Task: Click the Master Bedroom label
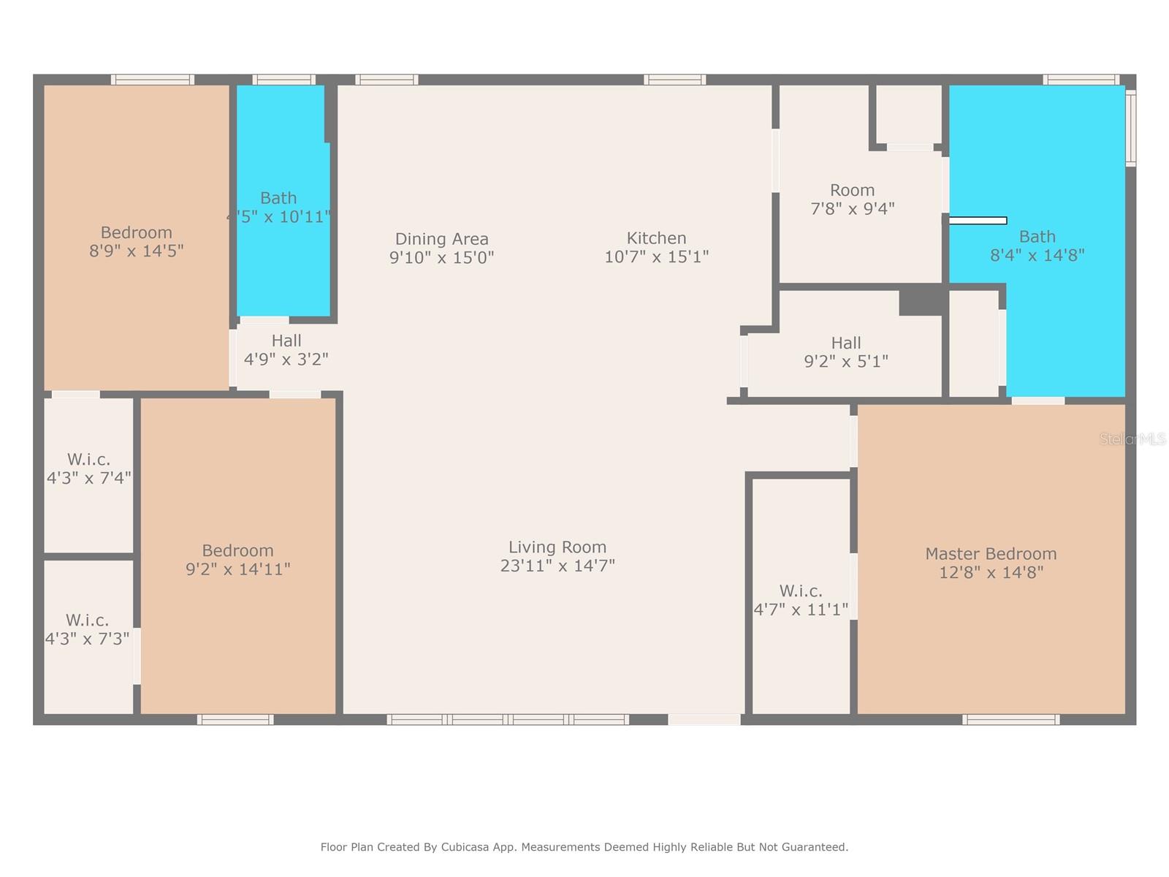pyautogui.click(x=991, y=554)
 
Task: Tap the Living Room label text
pyautogui.click(x=557, y=547)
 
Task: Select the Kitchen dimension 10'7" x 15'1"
pyautogui.click(x=656, y=257)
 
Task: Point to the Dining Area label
pyautogui.click(x=441, y=239)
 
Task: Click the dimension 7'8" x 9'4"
pyautogui.click(x=852, y=208)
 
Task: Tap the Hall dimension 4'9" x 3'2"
pyautogui.click(x=286, y=360)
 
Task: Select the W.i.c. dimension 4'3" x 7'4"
pyautogui.click(x=89, y=478)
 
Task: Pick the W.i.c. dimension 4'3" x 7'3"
pyautogui.click(x=88, y=639)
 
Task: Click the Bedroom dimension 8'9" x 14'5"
pyautogui.click(x=137, y=251)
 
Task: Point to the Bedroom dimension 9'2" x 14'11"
pyautogui.click(x=237, y=569)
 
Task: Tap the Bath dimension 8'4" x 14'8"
pyautogui.click(x=1037, y=255)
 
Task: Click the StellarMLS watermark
pyautogui.click(x=1132, y=438)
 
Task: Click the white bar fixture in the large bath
pyautogui.click(x=978, y=221)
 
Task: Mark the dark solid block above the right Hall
pyautogui.click(x=922, y=300)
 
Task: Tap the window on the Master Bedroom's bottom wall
pyautogui.click(x=1010, y=719)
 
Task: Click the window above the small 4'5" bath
pyautogui.click(x=284, y=80)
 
